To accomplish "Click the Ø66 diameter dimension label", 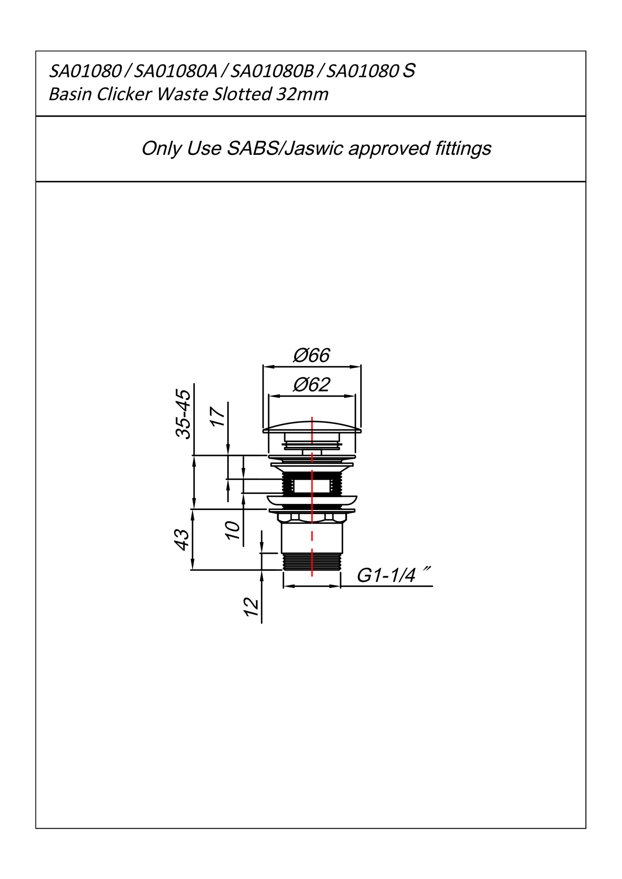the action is tap(311, 356).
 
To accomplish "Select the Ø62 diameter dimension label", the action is tap(311, 385).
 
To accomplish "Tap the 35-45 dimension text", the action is tap(183, 414).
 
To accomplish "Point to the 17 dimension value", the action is tap(218, 416).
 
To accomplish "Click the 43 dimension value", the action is tap(182, 540).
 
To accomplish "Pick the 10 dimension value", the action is tap(233, 530).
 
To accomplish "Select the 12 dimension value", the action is tap(251, 607).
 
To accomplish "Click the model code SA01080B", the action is tap(272, 71).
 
